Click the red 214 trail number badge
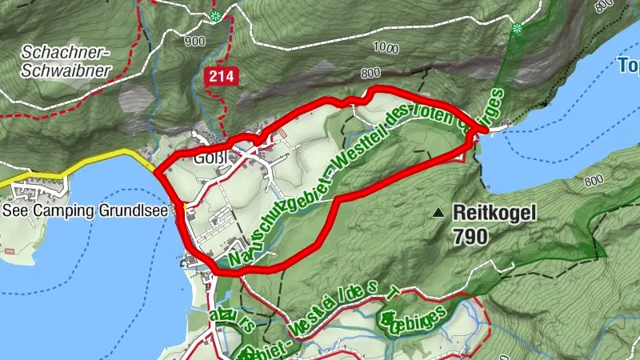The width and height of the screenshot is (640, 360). point(218,77)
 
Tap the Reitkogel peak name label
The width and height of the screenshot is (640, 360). point(494,213)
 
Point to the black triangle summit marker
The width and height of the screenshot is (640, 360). point(438,214)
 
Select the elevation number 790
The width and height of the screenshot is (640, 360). point(469,236)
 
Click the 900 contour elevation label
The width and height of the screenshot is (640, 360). point(194,41)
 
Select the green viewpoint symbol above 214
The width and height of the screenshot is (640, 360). point(215,16)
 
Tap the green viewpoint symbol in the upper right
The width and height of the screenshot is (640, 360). point(518,29)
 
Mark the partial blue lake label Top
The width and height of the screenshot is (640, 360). point(629,66)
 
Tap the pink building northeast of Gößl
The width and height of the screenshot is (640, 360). point(281,133)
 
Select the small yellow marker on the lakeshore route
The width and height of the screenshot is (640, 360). point(185,207)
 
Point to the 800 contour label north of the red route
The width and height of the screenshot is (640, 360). point(370,74)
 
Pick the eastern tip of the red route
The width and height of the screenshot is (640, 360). point(485,129)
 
